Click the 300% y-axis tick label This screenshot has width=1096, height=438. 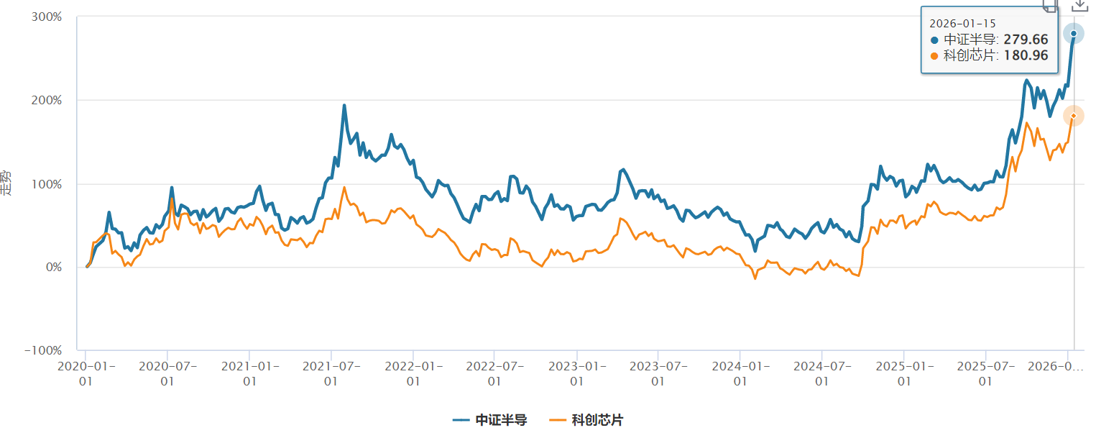point(47,17)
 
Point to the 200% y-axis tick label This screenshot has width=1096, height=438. point(47,100)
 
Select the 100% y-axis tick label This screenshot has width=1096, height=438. point(47,183)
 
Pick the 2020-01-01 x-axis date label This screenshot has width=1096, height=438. point(86,373)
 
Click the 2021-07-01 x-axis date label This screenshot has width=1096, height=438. point(331,373)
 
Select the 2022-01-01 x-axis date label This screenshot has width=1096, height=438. point(413,373)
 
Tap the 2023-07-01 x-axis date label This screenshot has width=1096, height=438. point(658,373)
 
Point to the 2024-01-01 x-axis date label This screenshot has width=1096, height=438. point(740,373)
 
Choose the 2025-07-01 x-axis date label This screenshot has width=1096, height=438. point(985,373)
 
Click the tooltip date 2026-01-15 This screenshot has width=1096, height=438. point(959,23)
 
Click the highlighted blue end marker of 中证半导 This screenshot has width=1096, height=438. point(1074,33)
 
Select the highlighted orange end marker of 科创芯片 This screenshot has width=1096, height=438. point(1074,116)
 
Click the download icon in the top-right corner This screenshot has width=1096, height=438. point(1079,4)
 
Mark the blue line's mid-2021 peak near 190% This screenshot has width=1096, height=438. point(344,106)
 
